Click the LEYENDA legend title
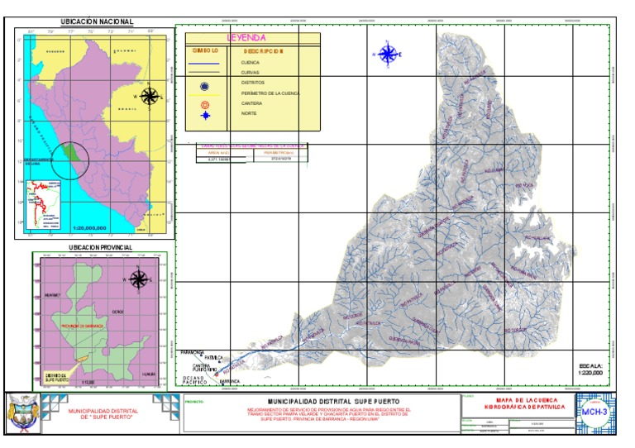click(x=246, y=38)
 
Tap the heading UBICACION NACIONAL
click(x=98, y=22)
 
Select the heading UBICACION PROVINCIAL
click(x=98, y=247)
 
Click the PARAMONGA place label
click(x=191, y=351)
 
